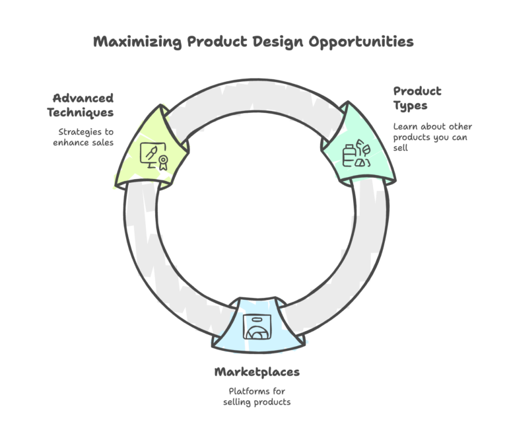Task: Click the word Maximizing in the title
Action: click(x=137, y=42)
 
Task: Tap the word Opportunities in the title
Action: click(x=361, y=42)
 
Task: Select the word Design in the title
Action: click(x=278, y=42)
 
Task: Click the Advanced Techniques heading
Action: click(x=81, y=106)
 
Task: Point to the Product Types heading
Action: click(x=417, y=98)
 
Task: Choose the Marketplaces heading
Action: click(x=257, y=372)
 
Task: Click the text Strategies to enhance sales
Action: click(x=83, y=137)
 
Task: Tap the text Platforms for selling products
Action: click(x=257, y=396)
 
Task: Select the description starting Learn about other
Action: click(x=432, y=137)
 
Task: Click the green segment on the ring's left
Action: click(x=151, y=149)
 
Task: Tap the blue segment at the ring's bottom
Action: click(x=258, y=325)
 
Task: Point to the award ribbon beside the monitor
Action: click(x=163, y=163)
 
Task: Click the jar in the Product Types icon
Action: click(x=348, y=156)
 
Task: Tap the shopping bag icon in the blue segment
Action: click(x=257, y=327)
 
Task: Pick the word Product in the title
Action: click(x=217, y=42)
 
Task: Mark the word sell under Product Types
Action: click(x=400, y=148)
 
